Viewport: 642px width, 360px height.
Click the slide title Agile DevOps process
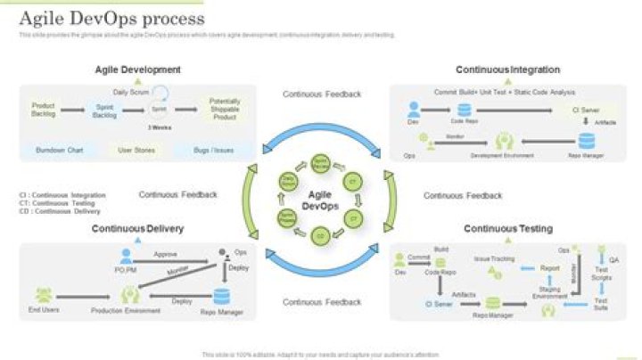pos(111,19)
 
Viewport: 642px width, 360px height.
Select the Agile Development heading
pos(138,70)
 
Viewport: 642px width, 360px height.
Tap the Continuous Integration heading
pos(507,70)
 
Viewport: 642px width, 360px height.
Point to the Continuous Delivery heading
pos(137,229)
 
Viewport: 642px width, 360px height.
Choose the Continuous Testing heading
pos(507,229)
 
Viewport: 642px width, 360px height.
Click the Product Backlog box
pos(44,109)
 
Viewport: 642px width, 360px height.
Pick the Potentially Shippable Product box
pos(225,109)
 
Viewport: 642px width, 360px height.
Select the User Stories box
pos(137,150)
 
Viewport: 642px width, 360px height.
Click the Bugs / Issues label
pos(213,150)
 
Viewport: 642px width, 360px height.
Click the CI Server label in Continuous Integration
pos(586,110)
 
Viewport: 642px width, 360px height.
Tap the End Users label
pos(44,310)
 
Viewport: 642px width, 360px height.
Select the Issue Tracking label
pos(493,258)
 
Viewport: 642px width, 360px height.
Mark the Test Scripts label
pos(602,275)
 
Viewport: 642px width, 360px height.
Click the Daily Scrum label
pos(130,92)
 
